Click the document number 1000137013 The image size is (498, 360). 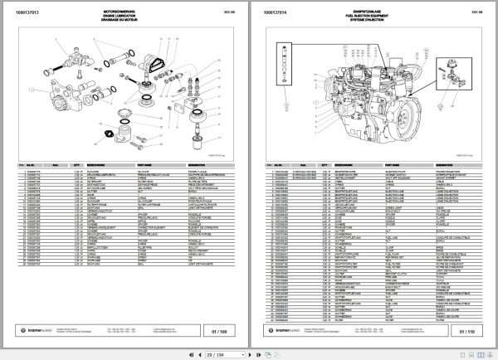click(x=35, y=13)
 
